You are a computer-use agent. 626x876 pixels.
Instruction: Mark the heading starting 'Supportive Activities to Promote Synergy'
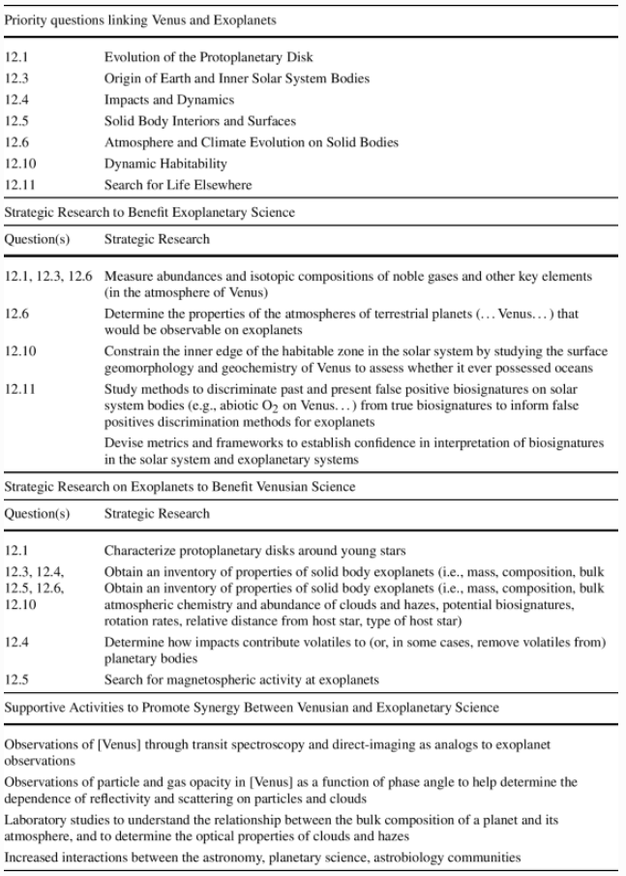[252, 708]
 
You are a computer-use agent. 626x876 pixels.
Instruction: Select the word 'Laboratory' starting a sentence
[35, 819]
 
